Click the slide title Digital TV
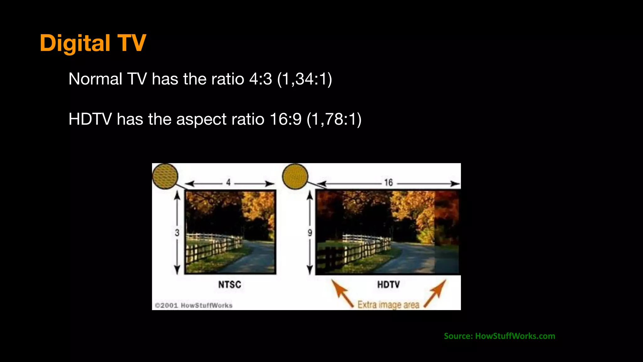(x=93, y=43)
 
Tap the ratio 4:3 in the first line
(x=260, y=79)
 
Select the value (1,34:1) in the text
(x=304, y=79)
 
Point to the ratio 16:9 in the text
(x=285, y=119)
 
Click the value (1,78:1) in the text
(x=334, y=119)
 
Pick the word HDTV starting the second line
(x=90, y=119)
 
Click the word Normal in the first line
(x=95, y=79)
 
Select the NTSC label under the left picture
(x=230, y=285)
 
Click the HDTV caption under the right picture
(x=388, y=285)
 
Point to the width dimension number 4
(x=228, y=182)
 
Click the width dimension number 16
(x=388, y=182)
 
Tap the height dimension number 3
(x=177, y=233)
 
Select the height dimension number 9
(x=310, y=233)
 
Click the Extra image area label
(x=388, y=304)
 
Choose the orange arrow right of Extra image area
(x=435, y=293)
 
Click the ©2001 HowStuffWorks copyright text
(x=194, y=305)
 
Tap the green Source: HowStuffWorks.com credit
(x=499, y=336)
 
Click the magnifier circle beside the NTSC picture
(x=165, y=176)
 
